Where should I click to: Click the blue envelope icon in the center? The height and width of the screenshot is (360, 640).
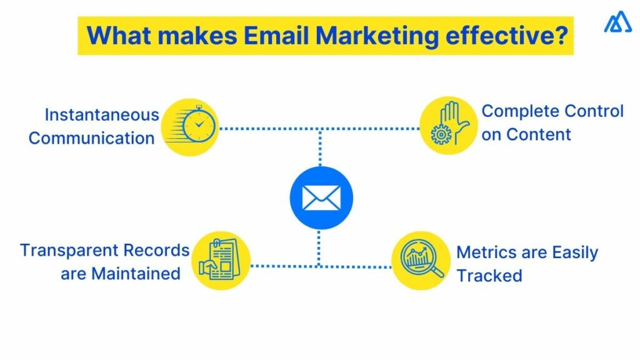(321, 198)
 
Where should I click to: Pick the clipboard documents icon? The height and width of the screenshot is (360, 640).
(220, 261)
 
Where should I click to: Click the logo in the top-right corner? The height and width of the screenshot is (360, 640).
(617, 23)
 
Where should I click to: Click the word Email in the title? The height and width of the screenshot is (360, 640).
(272, 36)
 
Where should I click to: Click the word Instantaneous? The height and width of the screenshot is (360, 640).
(102, 116)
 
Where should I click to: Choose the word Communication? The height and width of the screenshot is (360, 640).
(91, 138)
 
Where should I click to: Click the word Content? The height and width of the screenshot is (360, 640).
(538, 134)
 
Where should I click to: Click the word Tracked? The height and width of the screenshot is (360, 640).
(489, 276)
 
